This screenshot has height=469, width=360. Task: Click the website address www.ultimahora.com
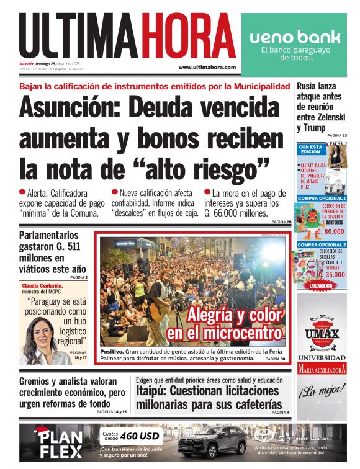(x=207, y=67)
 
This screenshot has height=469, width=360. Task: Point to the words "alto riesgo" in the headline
(x=211, y=166)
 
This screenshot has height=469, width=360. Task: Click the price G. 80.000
(x=330, y=231)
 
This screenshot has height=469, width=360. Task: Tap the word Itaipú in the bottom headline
(x=153, y=391)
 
